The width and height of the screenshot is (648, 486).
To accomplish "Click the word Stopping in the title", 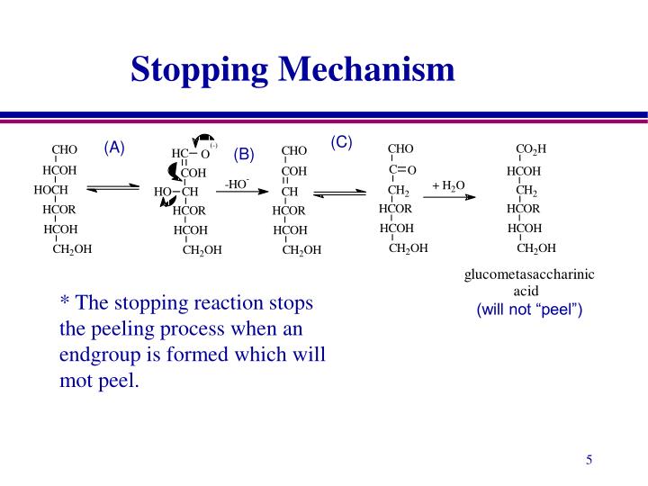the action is pos(199,70).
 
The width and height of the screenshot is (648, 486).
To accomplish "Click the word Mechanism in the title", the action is pos(366,68).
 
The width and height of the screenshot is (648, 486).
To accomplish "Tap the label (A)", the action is pos(114,148).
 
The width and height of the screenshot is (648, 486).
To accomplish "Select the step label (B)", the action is pos(244,154).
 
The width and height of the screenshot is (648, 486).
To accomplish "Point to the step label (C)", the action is pos(341,142).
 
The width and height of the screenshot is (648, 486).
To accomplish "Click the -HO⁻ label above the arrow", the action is pos(237,184).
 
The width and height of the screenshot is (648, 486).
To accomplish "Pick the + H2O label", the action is pos(448,185).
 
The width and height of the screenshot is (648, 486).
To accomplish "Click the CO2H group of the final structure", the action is pos(531,148).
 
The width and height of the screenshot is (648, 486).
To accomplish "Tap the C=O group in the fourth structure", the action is pos(402,169).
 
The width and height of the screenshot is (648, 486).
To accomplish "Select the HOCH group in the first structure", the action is pos(50,190).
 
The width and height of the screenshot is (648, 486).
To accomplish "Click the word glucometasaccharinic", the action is pos(529,274).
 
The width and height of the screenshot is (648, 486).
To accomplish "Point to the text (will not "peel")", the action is pos(529,309).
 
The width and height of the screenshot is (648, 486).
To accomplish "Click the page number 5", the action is pos(589,460).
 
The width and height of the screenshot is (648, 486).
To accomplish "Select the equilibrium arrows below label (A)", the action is pos(112,188).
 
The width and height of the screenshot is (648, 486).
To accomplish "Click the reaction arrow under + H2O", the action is pos(449,197).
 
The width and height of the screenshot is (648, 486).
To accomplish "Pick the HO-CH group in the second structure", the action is pos(176,192).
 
